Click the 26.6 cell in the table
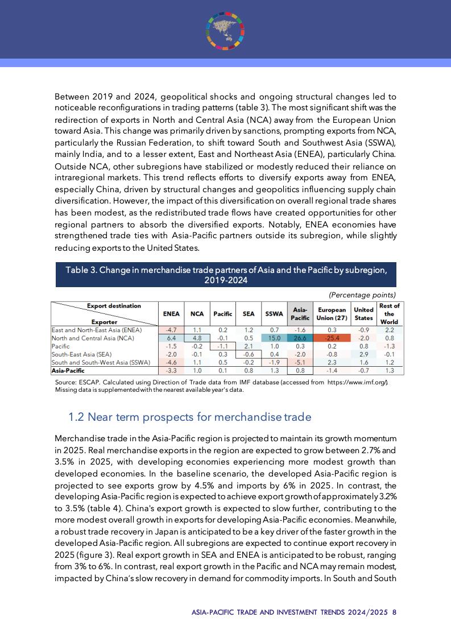pos(300,338)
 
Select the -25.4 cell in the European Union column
pos(332,338)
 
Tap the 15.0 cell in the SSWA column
pos(274,338)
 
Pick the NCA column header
pos(197,313)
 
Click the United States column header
pos(363,313)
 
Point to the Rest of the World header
pos(389,313)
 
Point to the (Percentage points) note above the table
pos(362,295)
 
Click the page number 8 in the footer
pos(394,613)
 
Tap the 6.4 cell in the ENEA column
pos(171,338)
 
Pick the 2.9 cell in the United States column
pos(363,354)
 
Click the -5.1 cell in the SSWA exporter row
pos(300,362)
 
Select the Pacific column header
pos(222,313)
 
